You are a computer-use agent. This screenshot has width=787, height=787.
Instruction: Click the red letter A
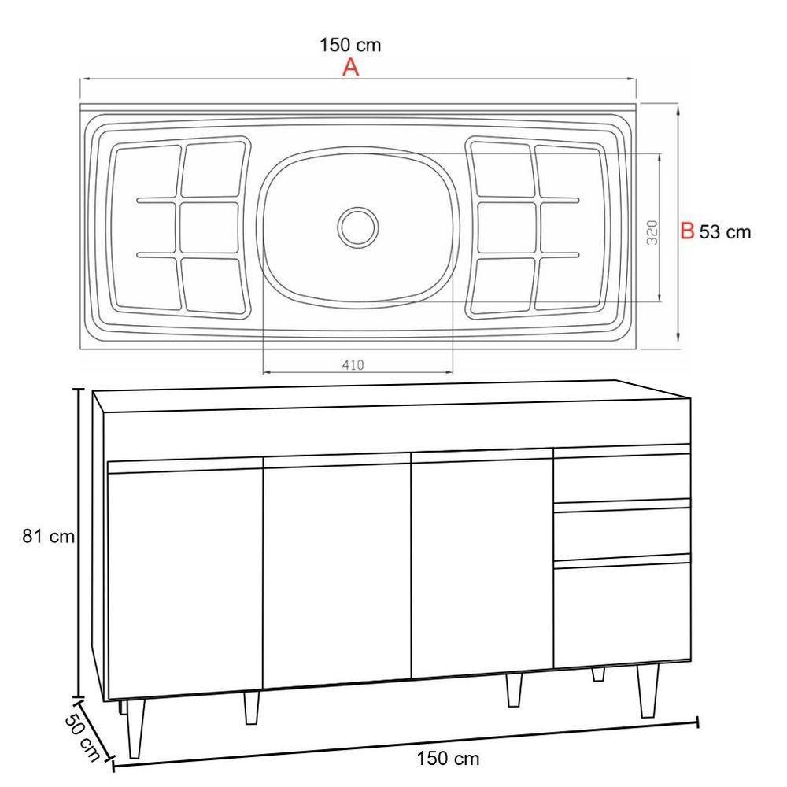tap(350, 68)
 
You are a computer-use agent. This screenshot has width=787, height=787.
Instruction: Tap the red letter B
tap(687, 231)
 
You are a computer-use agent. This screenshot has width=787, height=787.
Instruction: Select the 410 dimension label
tap(353, 365)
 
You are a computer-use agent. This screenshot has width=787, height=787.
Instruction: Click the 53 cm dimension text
tap(725, 232)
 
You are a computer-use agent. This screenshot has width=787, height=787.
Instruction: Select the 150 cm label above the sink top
tap(350, 45)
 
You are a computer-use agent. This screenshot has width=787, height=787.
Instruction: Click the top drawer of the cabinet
tap(622, 476)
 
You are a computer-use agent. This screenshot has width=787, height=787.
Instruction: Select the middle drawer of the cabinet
tap(622, 533)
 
